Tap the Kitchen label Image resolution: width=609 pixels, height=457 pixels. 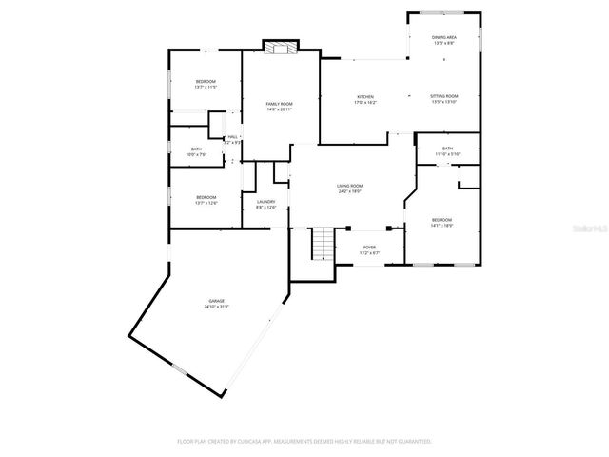coord(365,96)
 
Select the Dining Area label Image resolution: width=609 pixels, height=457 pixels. coord(444,38)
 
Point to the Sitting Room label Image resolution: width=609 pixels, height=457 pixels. coord(444,96)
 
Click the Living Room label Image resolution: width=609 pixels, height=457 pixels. coord(350,187)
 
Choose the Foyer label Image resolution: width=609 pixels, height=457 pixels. coord(370,248)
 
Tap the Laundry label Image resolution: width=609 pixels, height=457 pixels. coord(265,202)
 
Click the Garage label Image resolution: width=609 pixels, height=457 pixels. coord(216,301)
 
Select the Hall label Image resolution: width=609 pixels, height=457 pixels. coord(232,137)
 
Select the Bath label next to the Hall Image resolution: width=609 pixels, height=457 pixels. coord(196,150)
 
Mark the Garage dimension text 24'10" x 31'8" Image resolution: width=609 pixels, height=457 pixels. coord(216,307)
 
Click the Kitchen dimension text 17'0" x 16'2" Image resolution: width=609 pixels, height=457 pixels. coord(365,102)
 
